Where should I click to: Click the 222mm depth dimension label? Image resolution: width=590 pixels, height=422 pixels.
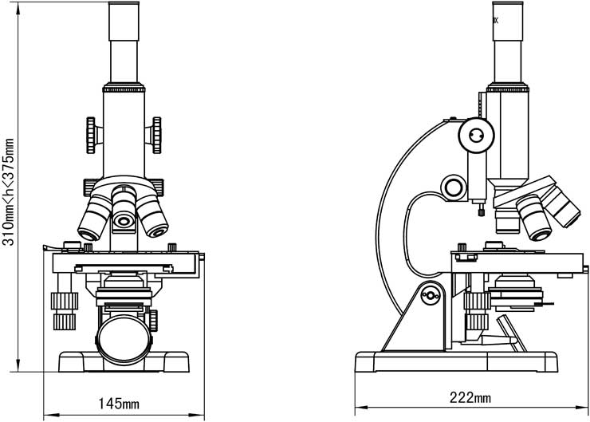(470, 396)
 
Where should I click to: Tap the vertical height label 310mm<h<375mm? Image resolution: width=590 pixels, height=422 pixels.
(9, 191)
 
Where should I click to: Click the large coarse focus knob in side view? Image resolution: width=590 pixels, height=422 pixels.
(477, 135)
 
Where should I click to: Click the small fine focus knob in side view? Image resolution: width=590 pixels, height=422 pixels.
(455, 188)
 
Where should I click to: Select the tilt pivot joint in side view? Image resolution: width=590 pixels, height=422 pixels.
(431, 295)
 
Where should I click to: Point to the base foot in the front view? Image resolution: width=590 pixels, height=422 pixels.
(124, 363)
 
